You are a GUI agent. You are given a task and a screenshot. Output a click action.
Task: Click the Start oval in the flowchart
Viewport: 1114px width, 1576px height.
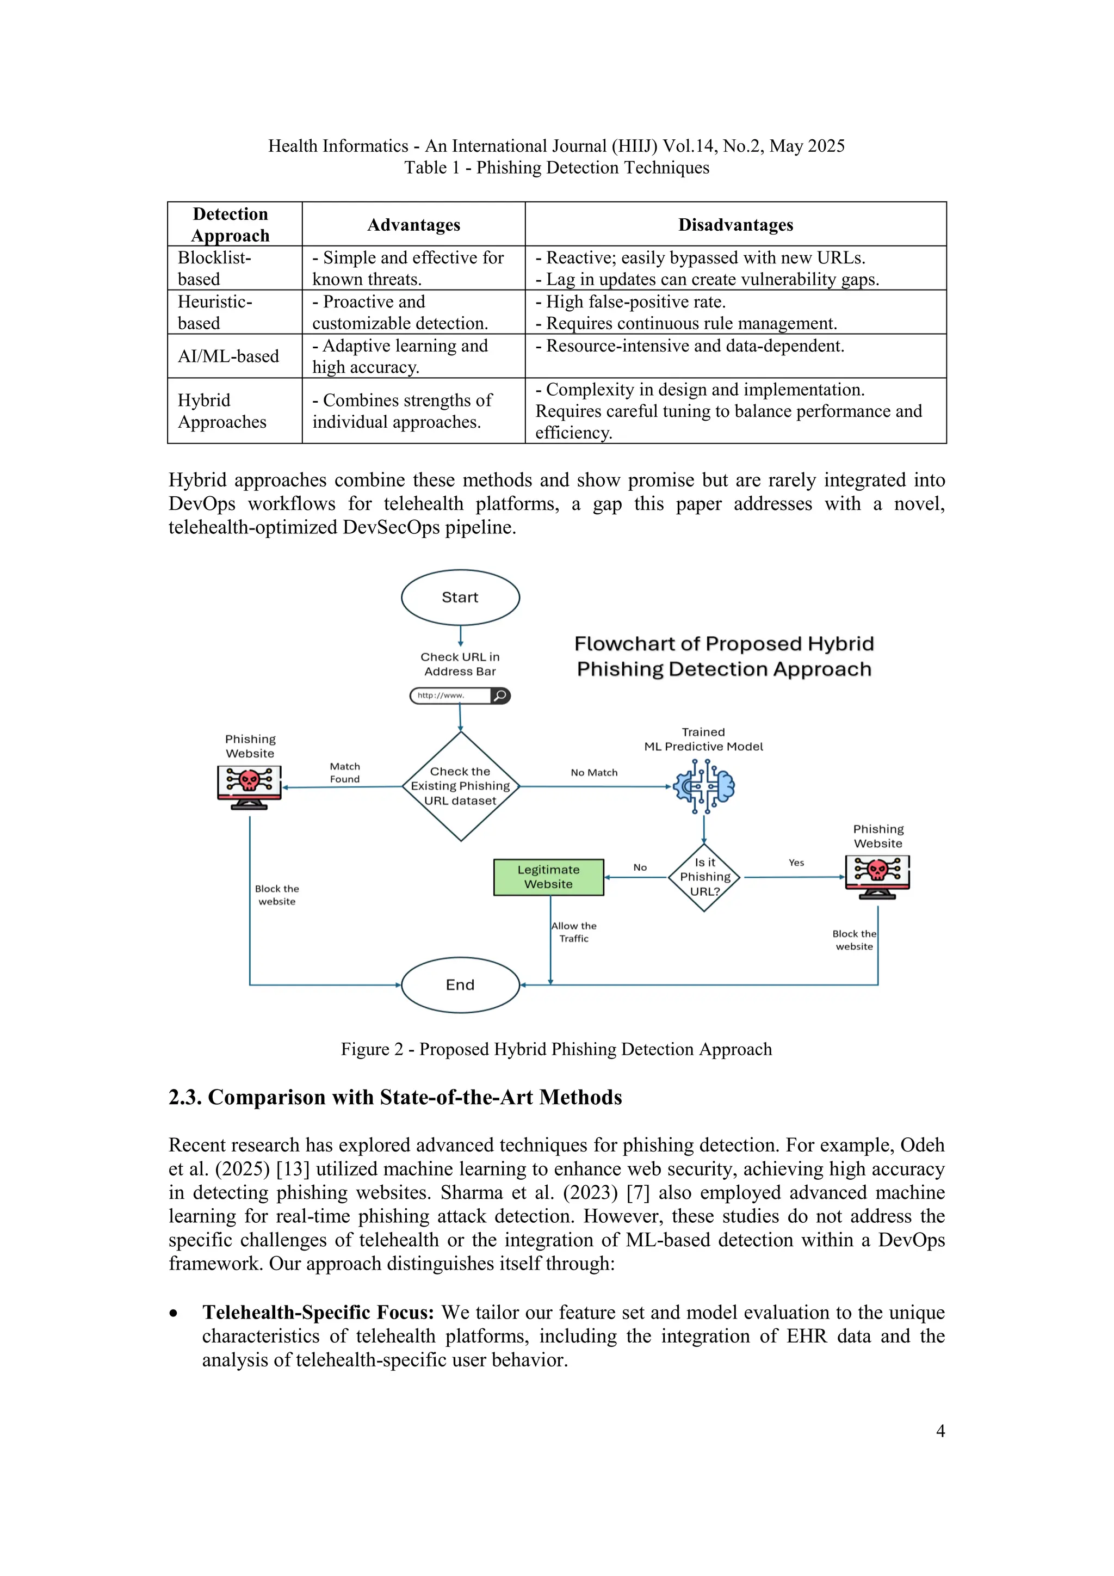click(x=460, y=597)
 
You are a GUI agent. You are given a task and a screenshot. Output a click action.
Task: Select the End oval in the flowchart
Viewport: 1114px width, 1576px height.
click(x=460, y=984)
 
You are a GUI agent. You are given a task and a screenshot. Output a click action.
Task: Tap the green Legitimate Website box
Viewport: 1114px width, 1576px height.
click(x=549, y=877)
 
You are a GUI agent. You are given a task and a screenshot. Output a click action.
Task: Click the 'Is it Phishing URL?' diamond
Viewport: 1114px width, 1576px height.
click(x=704, y=877)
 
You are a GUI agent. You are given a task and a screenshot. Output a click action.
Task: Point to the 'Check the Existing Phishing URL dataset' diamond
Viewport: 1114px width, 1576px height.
click(x=460, y=786)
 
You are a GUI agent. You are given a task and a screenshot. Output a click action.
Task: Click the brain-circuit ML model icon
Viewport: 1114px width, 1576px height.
click(x=704, y=786)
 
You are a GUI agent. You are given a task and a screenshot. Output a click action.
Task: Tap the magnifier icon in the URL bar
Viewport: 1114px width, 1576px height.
click(x=501, y=695)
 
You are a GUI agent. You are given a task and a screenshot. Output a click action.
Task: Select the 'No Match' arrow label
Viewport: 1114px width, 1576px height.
click(x=594, y=772)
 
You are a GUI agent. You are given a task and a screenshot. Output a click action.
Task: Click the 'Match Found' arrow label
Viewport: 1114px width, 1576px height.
click(x=344, y=772)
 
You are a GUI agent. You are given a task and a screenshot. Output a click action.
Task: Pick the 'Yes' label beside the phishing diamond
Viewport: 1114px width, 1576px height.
click(x=796, y=862)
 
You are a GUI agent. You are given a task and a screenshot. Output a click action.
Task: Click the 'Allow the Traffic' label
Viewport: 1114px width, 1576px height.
click(x=574, y=932)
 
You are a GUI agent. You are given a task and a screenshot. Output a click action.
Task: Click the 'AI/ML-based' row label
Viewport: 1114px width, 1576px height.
click(x=228, y=356)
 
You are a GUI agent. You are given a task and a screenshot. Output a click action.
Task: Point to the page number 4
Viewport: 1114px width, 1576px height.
click(x=940, y=1431)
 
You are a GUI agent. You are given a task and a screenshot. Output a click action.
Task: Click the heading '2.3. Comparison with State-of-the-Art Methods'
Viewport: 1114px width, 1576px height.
click(x=395, y=1097)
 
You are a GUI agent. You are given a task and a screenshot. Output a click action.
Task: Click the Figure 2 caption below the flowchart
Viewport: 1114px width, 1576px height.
click(x=556, y=1049)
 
